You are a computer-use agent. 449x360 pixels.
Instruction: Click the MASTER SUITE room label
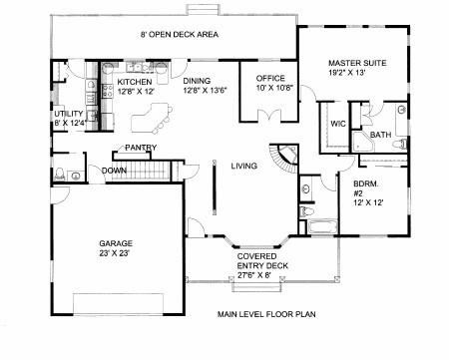(357, 63)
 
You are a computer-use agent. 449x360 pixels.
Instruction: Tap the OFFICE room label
(270, 79)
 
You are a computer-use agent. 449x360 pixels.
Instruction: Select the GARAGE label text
(116, 243)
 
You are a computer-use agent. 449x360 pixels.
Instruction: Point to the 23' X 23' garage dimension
(114, 253)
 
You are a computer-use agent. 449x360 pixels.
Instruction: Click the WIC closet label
(338, 124)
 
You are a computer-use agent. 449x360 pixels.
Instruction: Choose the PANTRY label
(141, 148)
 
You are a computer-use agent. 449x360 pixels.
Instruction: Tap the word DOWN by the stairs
(114, 171)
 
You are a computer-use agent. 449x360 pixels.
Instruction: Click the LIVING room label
(244, 166)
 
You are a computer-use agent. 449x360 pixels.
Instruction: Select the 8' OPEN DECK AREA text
(180, 34)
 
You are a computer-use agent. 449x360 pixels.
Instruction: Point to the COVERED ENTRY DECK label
(262, 261)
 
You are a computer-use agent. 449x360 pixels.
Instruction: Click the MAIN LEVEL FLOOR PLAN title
(266, 314)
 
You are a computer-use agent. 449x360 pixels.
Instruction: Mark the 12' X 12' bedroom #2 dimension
(368, 202)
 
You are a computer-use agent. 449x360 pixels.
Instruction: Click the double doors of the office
(269, 116)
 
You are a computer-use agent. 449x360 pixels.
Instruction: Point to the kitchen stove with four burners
(108, 91)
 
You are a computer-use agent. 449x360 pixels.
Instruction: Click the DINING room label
(197, 81)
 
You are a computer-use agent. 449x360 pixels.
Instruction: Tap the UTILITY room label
(69, 114)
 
